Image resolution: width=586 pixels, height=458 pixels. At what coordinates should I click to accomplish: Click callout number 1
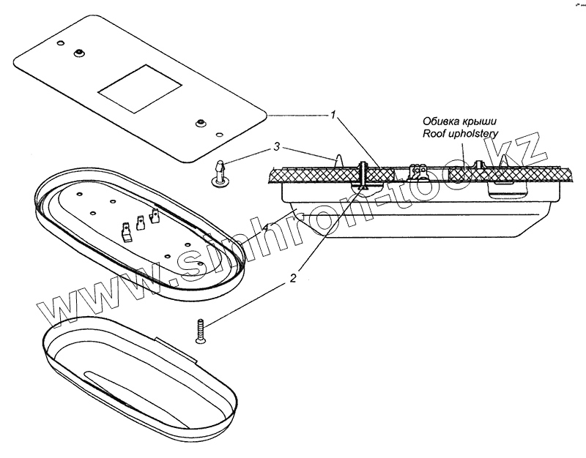333,116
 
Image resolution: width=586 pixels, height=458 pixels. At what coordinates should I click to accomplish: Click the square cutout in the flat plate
138,89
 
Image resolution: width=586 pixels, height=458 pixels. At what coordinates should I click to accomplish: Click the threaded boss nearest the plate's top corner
78,53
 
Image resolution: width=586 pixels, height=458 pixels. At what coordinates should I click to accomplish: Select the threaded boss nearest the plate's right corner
200,122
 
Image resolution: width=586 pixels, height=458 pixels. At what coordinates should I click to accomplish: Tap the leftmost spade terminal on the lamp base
127,231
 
